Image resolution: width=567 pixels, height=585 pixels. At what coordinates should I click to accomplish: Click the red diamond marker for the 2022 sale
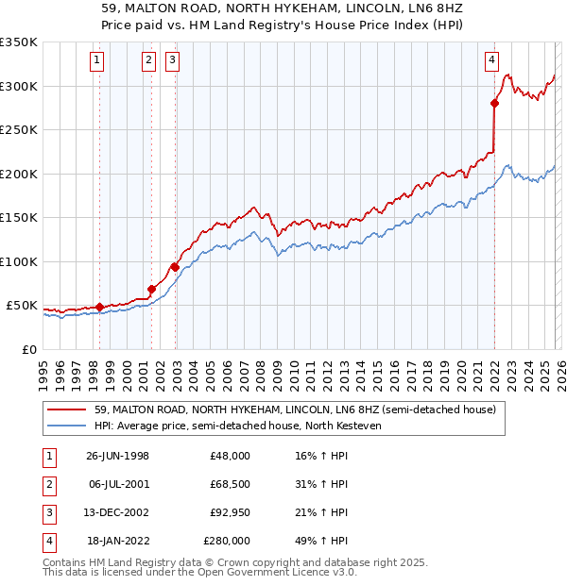(x=494, y=104)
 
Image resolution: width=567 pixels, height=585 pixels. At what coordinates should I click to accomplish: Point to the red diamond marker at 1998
(x=100, y=307)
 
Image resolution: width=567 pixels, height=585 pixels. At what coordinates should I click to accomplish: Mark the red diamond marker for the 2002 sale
(x=175, y=267)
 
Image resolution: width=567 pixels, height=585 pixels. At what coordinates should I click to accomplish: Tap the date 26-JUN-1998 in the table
(x=117, y=456)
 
